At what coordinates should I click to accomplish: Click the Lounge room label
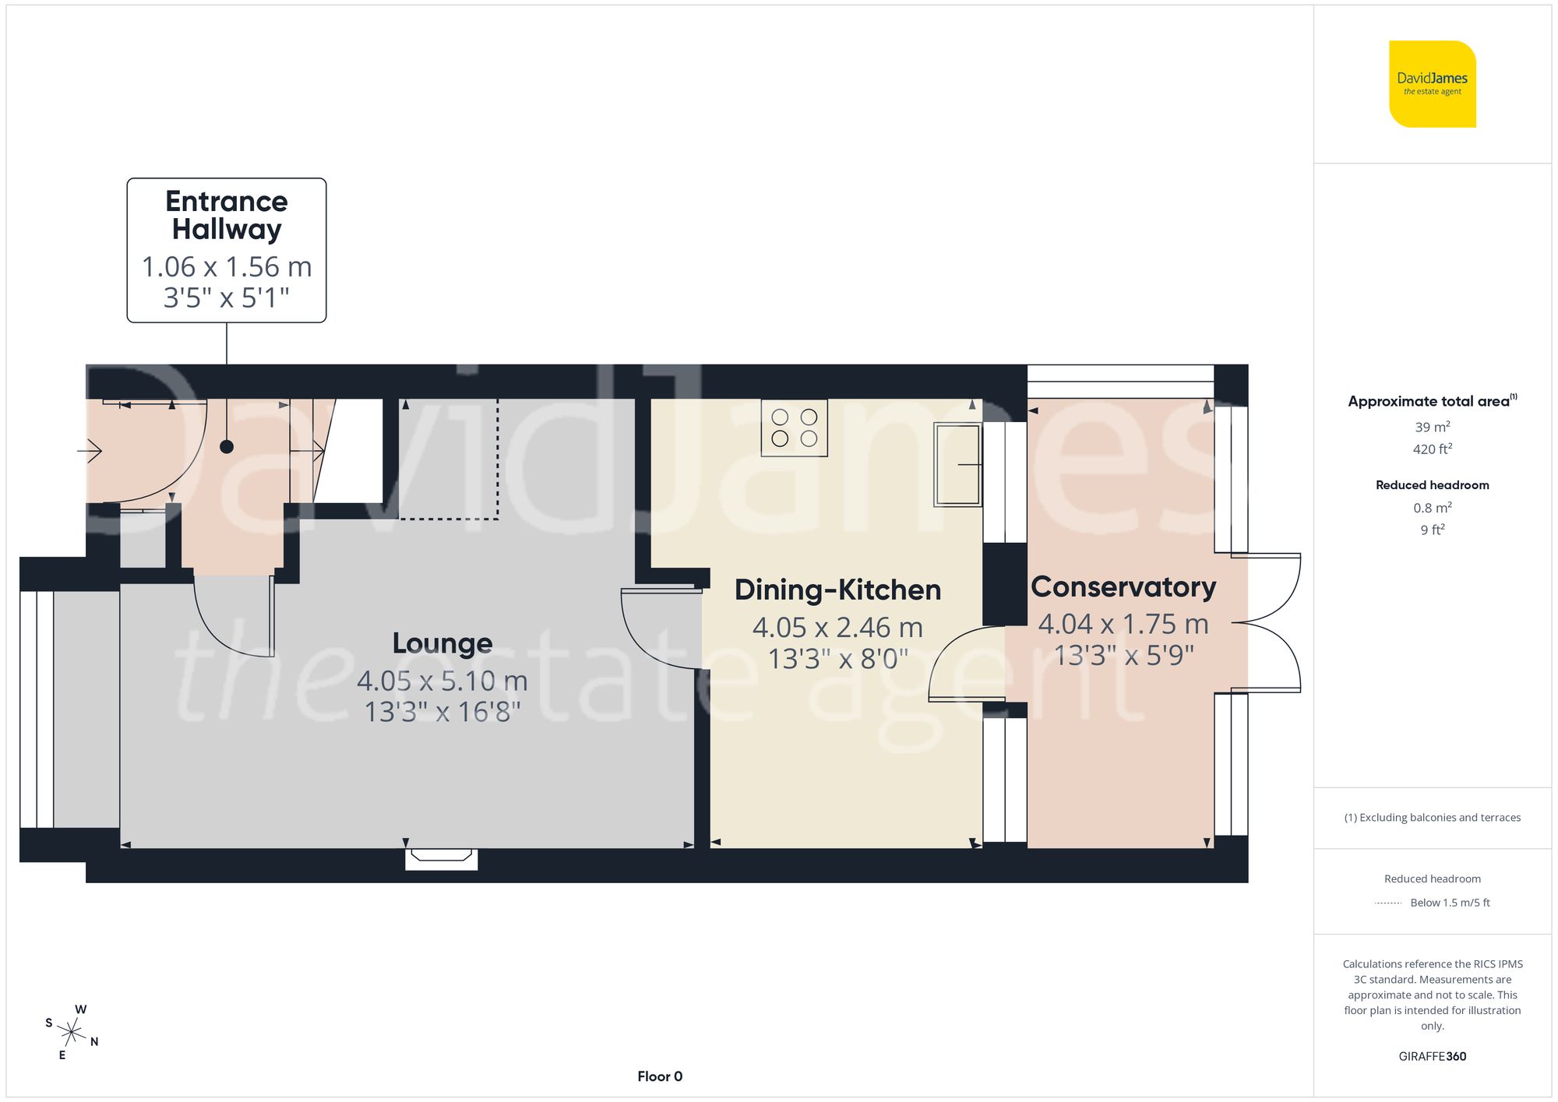click(442, 643)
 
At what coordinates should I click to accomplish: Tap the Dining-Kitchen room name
click(838, 590)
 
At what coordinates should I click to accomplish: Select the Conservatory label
click(1123, 587)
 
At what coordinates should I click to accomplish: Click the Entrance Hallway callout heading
click(227, 215)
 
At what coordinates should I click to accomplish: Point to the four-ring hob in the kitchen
click(795, 428)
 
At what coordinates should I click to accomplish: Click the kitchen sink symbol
click(958, 464)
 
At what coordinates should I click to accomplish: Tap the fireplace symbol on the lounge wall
click(441, 858)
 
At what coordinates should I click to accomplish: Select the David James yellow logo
click(1433, 84)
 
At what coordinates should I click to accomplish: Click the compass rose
click(72, 1033)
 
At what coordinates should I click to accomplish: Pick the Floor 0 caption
click(660, 1076)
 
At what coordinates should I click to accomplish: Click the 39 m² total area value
click(1433, 427)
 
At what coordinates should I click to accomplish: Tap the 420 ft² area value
click(1433, 449)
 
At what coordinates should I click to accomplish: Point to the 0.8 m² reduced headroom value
click(1433, 508)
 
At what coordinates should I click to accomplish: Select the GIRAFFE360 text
click(1433, 1056)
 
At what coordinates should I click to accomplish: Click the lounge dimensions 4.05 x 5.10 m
click(442, 681)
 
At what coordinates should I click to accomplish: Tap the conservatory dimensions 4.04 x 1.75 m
click(1123, 624)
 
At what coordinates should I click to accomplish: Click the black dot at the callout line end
click(227, 447)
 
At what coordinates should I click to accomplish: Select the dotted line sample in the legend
click(1388, 903)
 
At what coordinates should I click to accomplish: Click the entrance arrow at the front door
click(90, 451)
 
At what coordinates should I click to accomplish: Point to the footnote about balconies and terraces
click(1433, 818)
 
